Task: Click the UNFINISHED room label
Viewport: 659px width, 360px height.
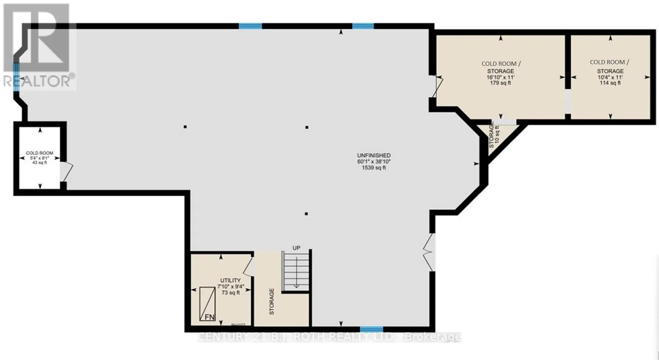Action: (374, 155)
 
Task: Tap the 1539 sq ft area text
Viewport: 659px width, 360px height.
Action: (374, 168)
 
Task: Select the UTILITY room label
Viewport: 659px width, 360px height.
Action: (230, 280)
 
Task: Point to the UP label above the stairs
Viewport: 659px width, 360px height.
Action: (296, 248)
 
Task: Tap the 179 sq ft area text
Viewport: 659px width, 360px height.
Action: (500, 83)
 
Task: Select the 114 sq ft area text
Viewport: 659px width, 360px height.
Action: (610, 83)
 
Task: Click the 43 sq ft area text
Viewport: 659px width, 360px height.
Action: (40, 163)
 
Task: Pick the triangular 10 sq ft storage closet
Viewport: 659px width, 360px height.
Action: (497, 137)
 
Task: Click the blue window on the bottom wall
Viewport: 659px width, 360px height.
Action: (372, 329)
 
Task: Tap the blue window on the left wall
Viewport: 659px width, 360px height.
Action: (16, 77)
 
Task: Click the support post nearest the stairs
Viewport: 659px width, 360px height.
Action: (306, 214)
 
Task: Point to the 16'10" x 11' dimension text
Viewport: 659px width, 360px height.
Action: (500, 77)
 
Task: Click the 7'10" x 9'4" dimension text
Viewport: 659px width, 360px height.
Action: (231, 286)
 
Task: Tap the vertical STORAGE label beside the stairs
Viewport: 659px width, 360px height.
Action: (271, 302)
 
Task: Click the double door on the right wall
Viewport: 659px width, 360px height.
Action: (429, 252)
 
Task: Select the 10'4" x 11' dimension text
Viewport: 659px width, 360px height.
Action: (610, 77)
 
